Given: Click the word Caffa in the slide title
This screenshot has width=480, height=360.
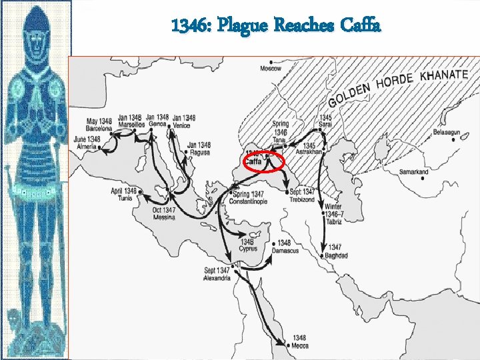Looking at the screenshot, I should click(360, 27).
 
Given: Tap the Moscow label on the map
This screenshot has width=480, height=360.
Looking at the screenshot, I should click(271, 68).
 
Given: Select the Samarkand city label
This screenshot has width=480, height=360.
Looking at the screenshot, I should click(414, 172).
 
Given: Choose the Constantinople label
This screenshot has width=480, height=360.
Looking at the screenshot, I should click(248, 201).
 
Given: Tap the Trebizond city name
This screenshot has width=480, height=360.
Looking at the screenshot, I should click(302, 199).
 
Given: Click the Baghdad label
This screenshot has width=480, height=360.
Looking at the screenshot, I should click(336, 255).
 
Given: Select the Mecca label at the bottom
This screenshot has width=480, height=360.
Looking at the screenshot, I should click(299, 346).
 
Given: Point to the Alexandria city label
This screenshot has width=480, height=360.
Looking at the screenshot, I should click(217, 278).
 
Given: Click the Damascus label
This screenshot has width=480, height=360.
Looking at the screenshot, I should click(285, 251).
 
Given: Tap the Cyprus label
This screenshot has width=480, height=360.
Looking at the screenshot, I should click(248, 249).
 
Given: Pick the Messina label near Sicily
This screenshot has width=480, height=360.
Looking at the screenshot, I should click(164, 217).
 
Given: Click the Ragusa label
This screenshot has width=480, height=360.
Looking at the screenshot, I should click(199, 153).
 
